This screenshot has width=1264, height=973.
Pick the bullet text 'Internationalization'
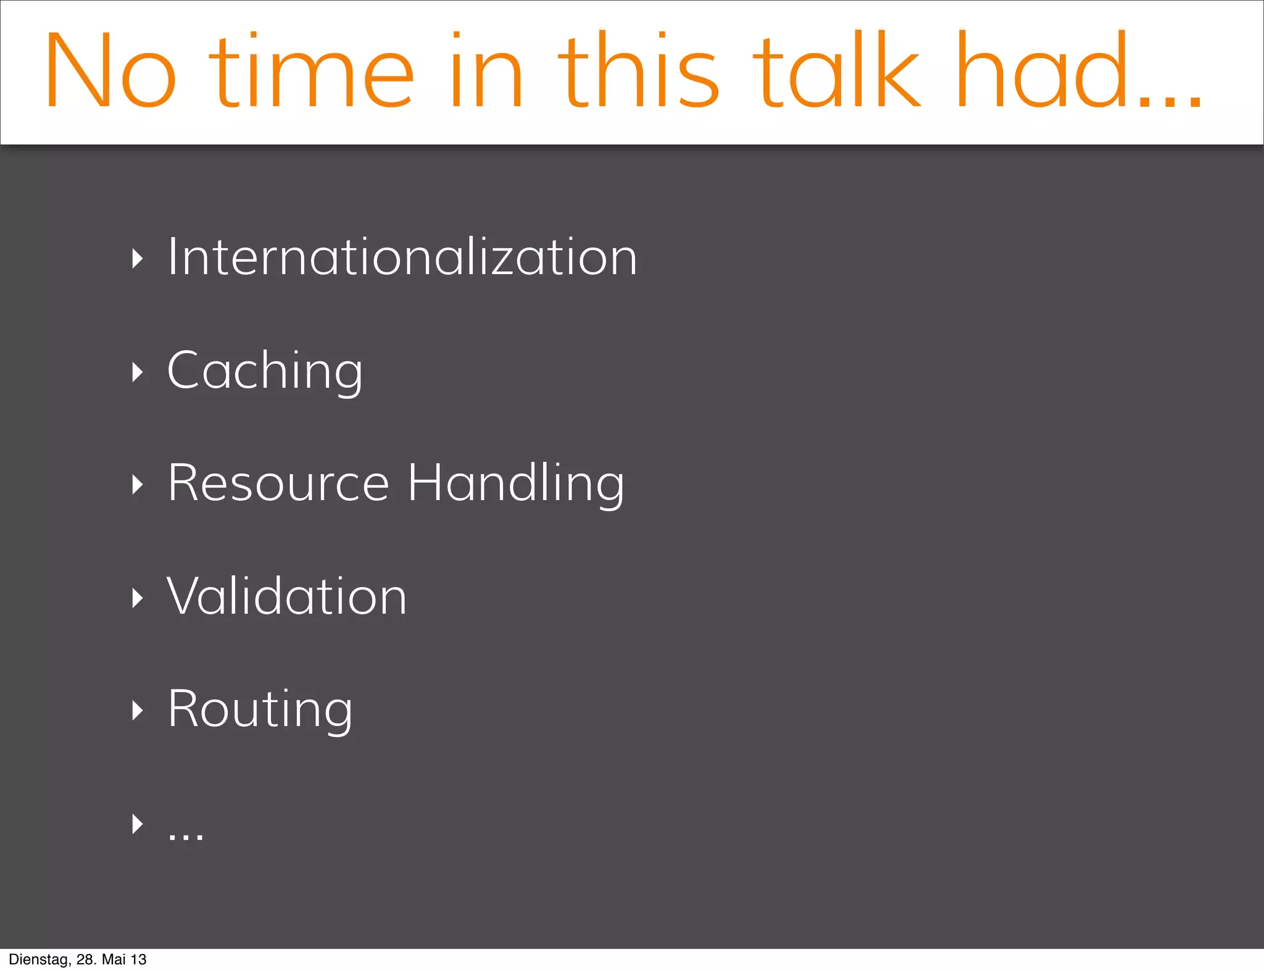point(402,257)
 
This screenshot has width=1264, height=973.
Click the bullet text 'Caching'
point(265,370)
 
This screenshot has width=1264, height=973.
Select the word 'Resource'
point(278,483)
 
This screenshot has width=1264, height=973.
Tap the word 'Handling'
point(516,483)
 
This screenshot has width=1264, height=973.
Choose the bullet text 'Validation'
point(286,596)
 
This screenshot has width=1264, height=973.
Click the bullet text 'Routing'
point(260,709)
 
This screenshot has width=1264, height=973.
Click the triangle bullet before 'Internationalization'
point(137,259)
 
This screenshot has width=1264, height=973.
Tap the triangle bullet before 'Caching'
point(137,372)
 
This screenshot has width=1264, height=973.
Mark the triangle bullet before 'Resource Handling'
point(137,485)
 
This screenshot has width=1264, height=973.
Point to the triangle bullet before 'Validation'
point(137,598)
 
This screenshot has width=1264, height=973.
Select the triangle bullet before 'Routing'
point(137,711)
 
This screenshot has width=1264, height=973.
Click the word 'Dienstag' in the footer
point(38,959)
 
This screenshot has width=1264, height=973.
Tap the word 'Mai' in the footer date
point(114,959)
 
